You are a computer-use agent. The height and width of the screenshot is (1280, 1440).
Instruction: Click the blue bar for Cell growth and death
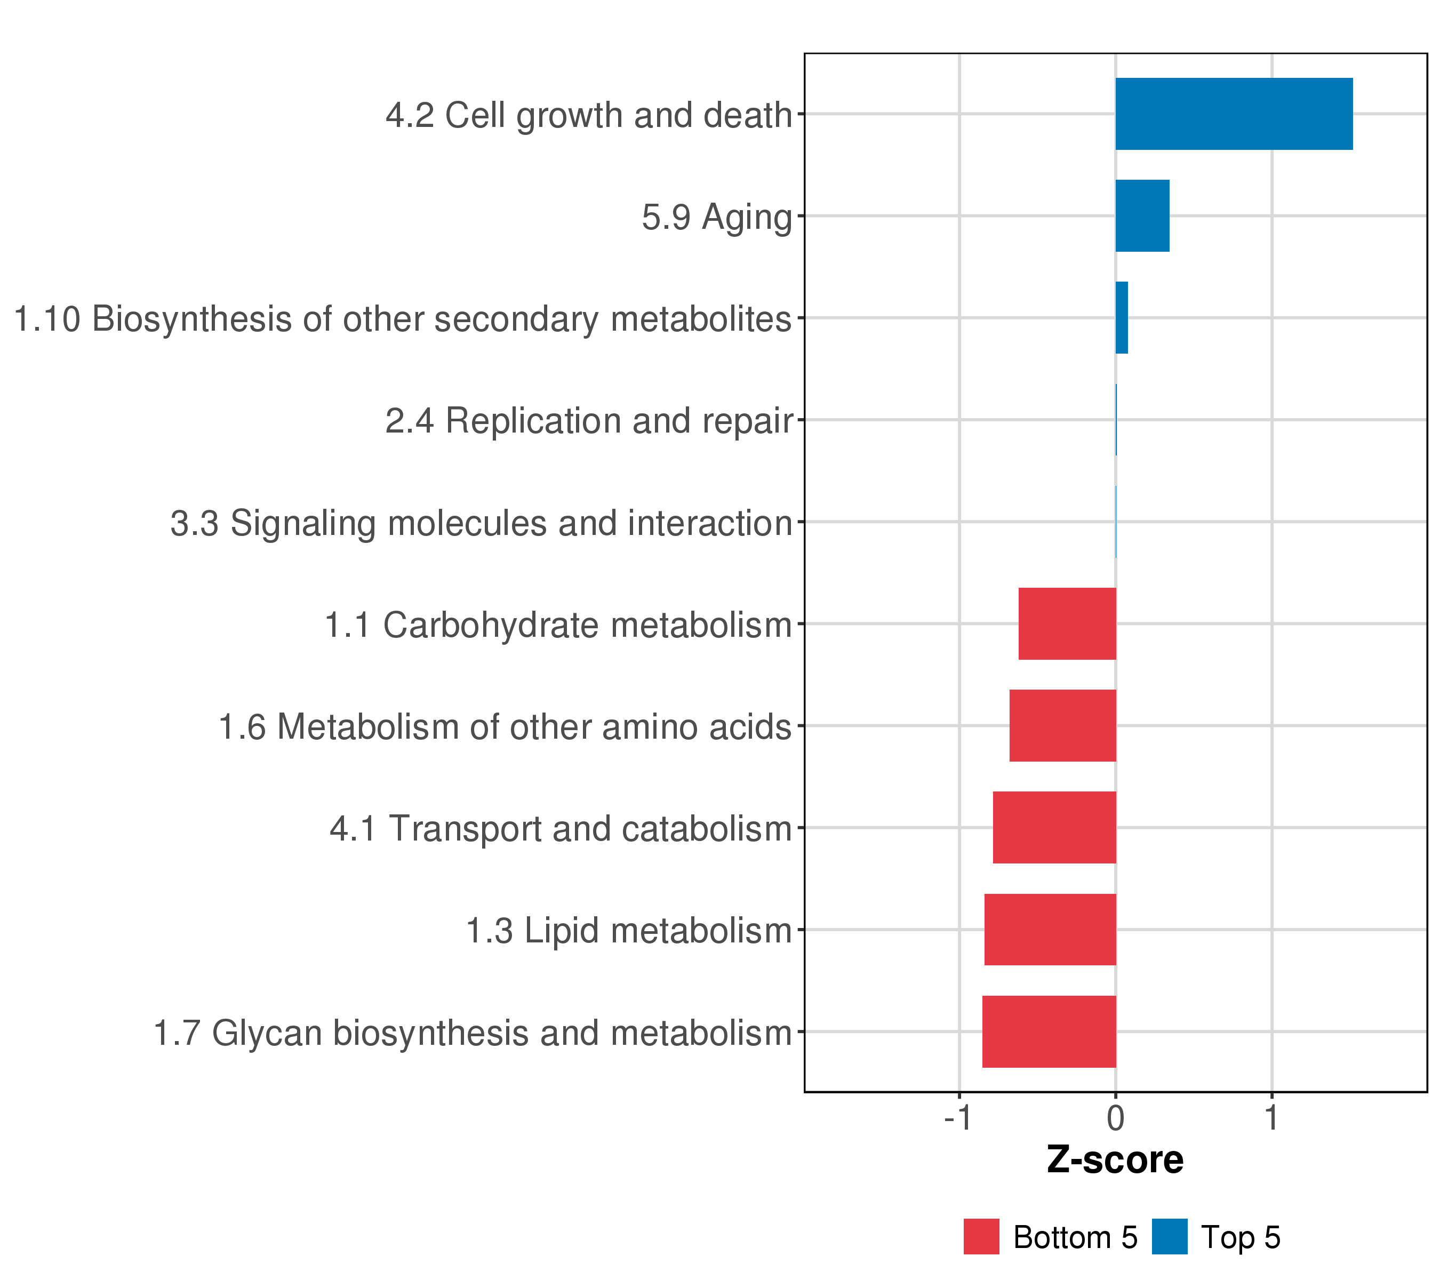[x=1233, y=114]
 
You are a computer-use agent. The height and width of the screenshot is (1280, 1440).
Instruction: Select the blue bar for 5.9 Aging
[x=1141, y=215]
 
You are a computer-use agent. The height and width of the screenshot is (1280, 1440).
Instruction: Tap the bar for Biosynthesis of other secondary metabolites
[x=1121, y=318]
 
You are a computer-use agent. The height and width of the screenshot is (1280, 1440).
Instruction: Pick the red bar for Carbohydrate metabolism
[x=1067, y=623]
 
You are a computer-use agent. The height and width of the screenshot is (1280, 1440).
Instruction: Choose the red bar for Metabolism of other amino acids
[x=1062, y=725]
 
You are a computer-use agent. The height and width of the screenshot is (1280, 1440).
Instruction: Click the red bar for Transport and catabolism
[x=1054, y=827]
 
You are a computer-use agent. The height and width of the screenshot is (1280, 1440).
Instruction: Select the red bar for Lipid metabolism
[x=1050, y=929]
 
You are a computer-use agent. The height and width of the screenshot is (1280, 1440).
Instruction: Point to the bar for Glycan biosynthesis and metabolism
[x=1049, y=1031]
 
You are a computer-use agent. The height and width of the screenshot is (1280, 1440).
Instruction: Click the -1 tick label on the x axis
[x=958, y=1119]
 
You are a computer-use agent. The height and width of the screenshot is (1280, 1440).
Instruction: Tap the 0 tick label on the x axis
[x=1115, y=1119]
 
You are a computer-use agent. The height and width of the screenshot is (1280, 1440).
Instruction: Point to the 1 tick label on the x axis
[x=1271, y=1119]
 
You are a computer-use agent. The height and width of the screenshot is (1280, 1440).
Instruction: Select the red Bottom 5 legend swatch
[x=981, y=1236]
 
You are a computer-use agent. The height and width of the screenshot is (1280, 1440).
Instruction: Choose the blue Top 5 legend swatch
[x=1170, y=1236]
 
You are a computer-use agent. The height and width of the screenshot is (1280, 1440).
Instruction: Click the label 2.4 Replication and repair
[x=589, y=421]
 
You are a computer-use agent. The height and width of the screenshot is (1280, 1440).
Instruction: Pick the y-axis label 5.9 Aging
[x=717, y=217]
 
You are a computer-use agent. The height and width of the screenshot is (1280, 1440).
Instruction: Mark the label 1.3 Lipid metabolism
[x=629, y=931]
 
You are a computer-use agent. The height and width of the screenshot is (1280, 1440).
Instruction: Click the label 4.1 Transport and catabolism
[x=561, y=828]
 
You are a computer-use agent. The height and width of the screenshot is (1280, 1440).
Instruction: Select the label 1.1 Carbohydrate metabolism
[x=558, y=625]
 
